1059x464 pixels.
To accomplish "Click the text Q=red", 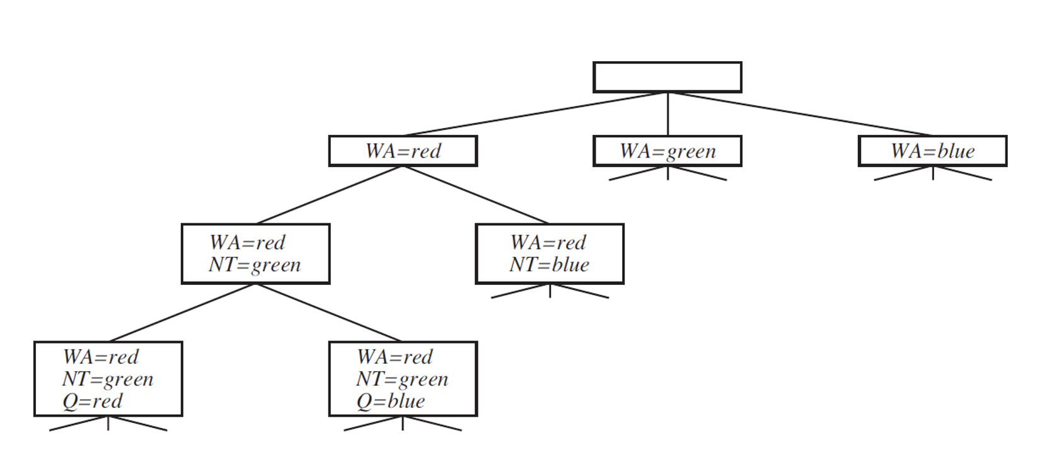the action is pyautogui.click(x=93, y=402).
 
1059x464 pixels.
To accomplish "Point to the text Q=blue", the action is pyautogui.click(x=391, y=402).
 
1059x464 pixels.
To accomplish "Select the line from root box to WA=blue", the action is pyautogui.click(x=800, y=114).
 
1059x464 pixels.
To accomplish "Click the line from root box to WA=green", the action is pyautogui.click(x=668, y=114).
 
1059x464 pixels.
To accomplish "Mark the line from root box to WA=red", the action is pyautogui.click(x=535, y=114).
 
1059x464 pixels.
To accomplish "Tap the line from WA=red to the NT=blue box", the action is pyautogui.click(x=476, y=195).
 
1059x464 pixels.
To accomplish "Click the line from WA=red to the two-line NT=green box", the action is pyautogui.click(x=330, y=195).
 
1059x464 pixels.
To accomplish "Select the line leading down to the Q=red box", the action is pyautogui.click(x=182, y=313).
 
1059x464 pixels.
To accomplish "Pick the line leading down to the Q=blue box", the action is pyautogui.click(x=328, y=313).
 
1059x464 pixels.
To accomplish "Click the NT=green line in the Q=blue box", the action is pyautogui.click(x=402, y=380).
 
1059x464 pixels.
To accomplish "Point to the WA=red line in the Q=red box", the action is pyautogui.click(x=101, y=357).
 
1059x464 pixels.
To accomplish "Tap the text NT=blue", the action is pyautogui.click(x=550, y=265).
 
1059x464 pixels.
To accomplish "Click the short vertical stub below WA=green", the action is pyautogui.click(x=668, y=173).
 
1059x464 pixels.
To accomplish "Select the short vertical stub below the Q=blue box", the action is pyautogui.click(x=402, y=423).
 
